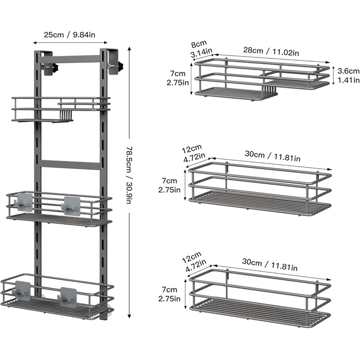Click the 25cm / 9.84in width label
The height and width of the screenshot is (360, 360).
click(x=69, y=35)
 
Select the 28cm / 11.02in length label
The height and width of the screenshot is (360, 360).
click(x=271, y=51)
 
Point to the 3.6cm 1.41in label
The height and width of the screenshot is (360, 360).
click(x=348, y=75)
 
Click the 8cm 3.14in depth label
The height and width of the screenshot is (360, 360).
click(x=201, y=49)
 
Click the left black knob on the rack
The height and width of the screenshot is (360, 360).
click(x=56, y=68)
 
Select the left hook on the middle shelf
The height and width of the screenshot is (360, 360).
click(x=24, y=202)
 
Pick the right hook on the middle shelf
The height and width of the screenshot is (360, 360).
click(x=71, y=206)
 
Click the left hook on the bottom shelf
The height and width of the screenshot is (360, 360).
click(x=22, y=291)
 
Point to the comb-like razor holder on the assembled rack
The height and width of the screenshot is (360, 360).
click(x=66, y=115)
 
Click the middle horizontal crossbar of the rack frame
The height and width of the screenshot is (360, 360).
click(x=70, y=165)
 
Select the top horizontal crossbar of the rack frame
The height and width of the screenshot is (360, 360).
click(x=70, y=59)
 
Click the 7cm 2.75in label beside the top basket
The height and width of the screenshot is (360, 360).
click(x=178, y=78)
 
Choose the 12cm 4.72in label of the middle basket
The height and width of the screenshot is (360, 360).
click(x=193, y=153)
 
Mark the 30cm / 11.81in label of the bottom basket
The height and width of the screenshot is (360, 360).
click(x=270, y=265)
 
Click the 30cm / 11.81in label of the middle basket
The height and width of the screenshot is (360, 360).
click(x=273, y=156)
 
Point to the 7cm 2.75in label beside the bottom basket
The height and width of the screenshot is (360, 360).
click(x=169, y=294)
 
